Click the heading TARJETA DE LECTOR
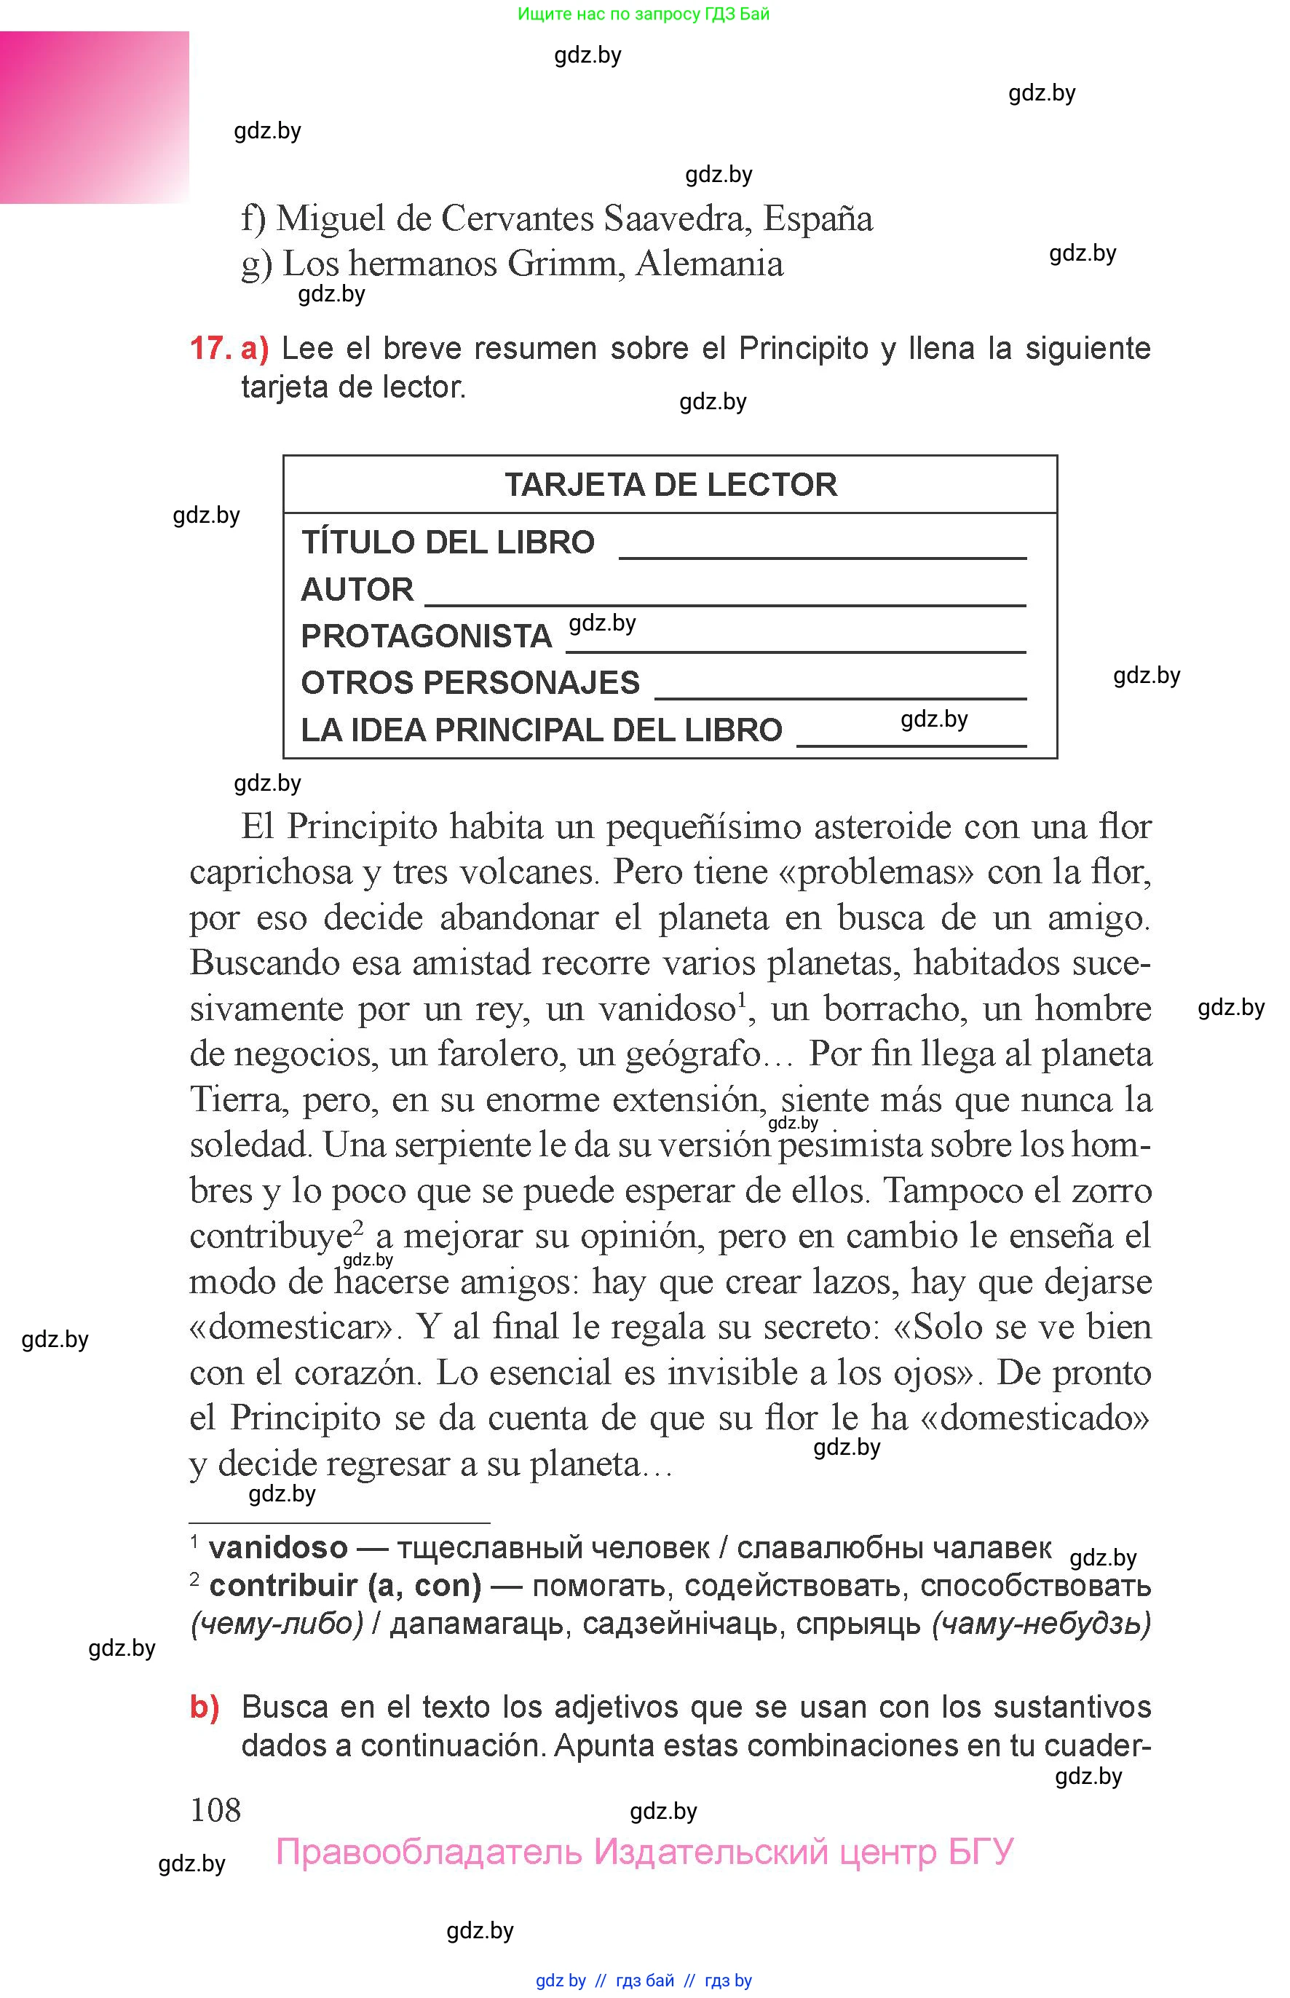(670, 484)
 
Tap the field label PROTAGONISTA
(426, 636)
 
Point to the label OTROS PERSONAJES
(470, 683)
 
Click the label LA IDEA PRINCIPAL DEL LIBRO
(541, 730)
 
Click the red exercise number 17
(209, 347)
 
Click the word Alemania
(710, 264)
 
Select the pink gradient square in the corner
(94, 117)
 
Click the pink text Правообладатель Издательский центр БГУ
(644, 1852)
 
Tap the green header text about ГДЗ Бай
(644, 13)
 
